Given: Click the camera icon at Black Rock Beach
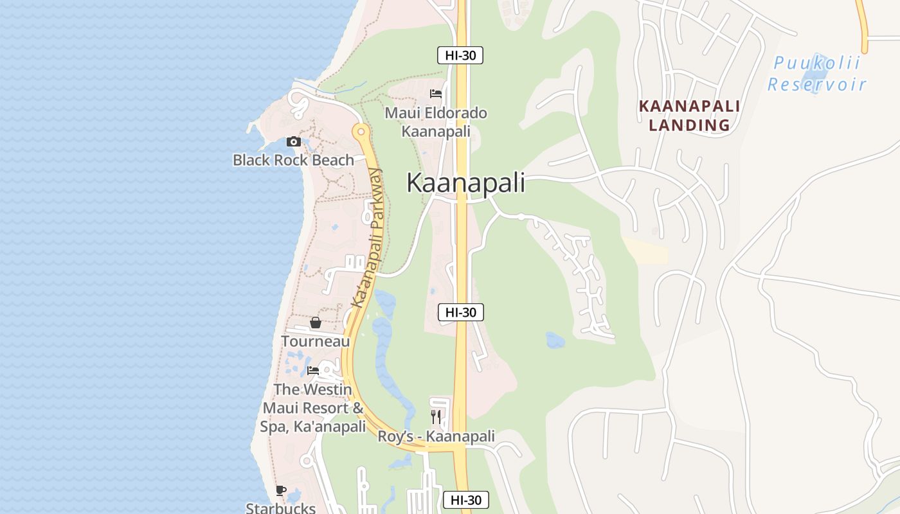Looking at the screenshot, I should point(294,141).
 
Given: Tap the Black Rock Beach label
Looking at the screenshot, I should point(293,160).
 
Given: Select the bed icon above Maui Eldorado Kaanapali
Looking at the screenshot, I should point(436,94).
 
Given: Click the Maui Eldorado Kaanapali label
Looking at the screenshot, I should point(436,122).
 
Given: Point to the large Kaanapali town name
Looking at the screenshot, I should point(465,183).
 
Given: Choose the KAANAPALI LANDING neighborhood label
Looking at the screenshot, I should point(689,116).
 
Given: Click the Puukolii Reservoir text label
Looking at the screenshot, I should point(816,74).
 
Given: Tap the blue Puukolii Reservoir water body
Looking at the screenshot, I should point(817,71).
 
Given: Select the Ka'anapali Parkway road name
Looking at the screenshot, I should point(368,238).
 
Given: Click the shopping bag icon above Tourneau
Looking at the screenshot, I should point(315,323).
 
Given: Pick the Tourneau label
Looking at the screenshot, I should point(315,341).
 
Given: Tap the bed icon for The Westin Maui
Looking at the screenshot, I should point(313,371).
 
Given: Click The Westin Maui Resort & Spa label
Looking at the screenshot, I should point(313,408).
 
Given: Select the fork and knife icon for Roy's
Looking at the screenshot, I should point(436,416).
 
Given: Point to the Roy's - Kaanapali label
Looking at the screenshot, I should point(436,437).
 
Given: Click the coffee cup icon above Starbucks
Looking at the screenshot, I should point(281,491).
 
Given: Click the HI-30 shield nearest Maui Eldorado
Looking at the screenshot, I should point(460,55).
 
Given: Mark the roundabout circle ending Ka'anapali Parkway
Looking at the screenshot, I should point(361,132).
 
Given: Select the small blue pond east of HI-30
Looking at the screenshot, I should point(555,340).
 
